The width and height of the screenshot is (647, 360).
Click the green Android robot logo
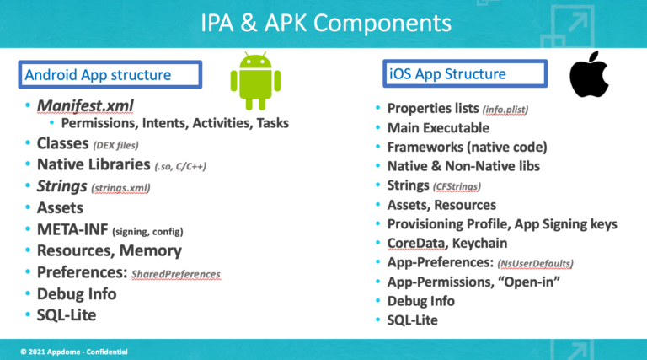(255, 81)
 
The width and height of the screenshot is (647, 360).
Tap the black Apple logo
(589, 74)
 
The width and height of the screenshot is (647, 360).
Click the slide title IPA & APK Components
(326, 23)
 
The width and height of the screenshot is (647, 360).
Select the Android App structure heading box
(110, 74)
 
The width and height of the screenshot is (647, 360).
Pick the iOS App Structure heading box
(465, 73)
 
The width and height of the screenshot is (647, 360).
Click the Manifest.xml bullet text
(85, 105)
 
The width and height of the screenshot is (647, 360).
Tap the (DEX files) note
(115, 145)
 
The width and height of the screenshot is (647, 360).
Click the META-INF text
(72, 229)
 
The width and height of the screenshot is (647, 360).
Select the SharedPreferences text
(176, 274)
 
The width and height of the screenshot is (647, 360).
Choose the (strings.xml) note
(120, 188)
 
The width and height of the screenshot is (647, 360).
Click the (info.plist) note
(505, 110)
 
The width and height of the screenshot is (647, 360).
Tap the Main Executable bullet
(438, 128)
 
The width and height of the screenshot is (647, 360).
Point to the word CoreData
(416, 244)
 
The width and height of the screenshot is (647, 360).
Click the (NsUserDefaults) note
(535, 263)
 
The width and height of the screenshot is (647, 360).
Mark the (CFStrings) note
(457, 186)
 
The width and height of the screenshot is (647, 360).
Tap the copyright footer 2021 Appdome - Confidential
(74, 352)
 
